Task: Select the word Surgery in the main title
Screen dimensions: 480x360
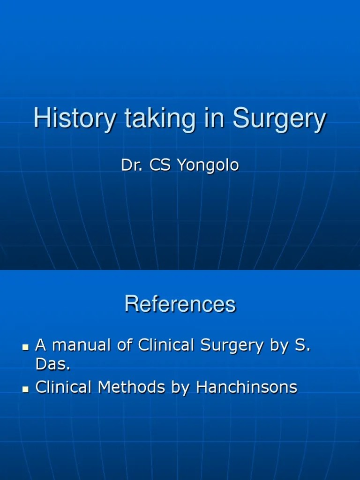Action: (279, 119)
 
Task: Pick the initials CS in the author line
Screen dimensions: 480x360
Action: (161, 165)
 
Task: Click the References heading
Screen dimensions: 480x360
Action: (180, 304)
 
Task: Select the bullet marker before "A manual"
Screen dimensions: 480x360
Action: (26, 347)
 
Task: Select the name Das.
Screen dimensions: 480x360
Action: (53, 365)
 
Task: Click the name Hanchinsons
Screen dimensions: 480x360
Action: (247, 387)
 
